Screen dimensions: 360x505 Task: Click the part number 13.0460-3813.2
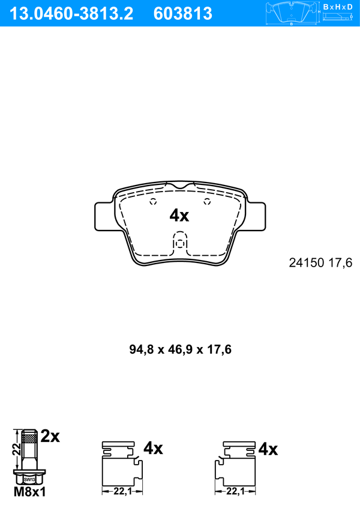click(71, 14)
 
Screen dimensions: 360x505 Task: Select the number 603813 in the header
click(183, 14)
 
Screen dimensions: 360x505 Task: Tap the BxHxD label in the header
click(338, 7)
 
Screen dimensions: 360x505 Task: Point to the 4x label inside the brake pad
click(179, 216)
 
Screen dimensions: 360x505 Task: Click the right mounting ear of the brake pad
click(256, 216)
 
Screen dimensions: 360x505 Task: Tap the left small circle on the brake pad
click(154, 202)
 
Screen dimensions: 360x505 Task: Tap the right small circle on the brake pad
click(207, 202)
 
